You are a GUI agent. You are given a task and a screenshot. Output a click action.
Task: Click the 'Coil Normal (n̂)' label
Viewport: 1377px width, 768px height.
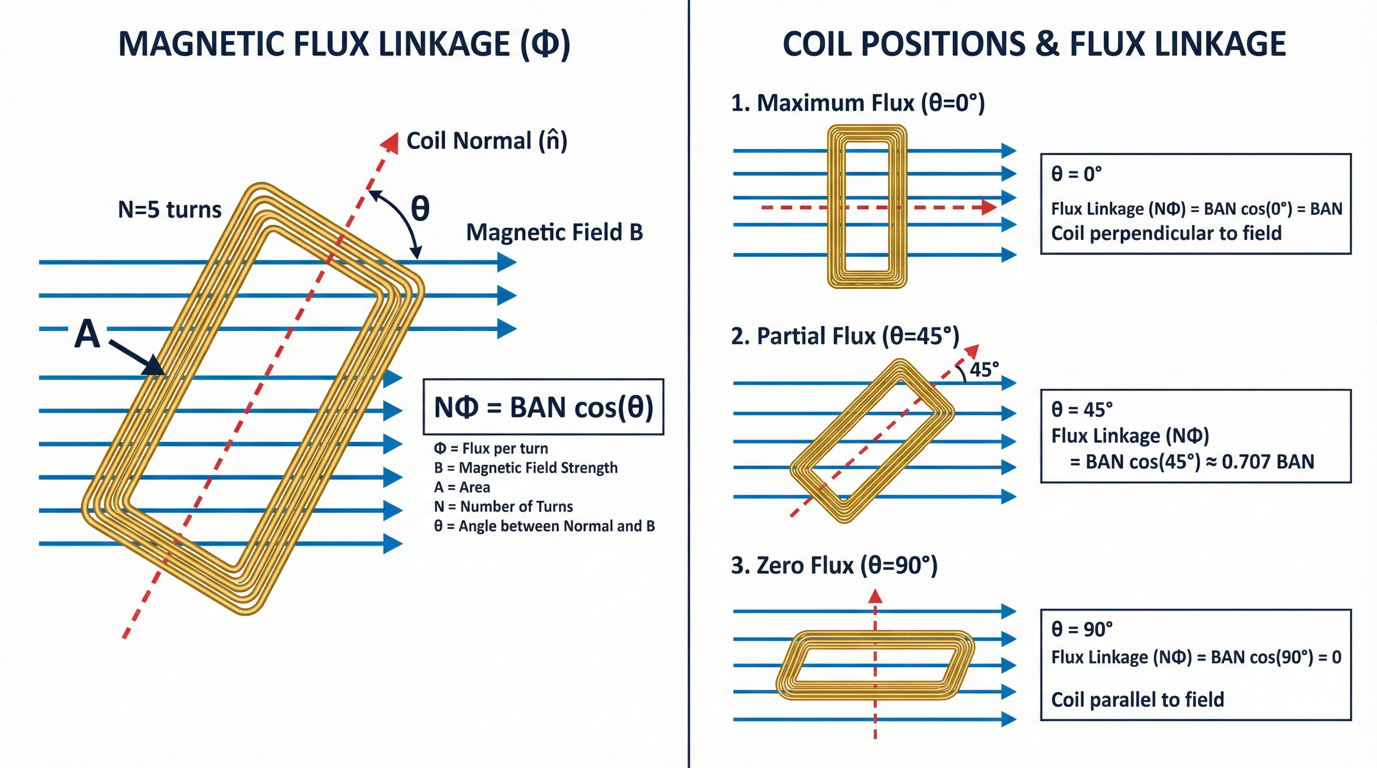tap(486, 141)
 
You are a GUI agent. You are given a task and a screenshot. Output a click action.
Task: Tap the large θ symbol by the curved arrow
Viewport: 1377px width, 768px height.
tap(420, 208)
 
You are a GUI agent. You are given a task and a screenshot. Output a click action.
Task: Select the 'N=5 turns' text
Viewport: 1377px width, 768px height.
tap(170, 209)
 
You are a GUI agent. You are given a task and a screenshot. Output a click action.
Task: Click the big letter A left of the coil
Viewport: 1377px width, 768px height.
tap(87, 334)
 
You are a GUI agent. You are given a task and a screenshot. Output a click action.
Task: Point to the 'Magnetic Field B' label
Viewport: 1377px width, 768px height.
tap(554, 232)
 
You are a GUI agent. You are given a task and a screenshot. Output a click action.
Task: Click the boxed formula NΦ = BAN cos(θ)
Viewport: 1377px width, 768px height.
tap(543, 407)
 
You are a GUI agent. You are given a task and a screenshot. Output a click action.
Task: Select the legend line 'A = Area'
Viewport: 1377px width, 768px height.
tap(462, 487)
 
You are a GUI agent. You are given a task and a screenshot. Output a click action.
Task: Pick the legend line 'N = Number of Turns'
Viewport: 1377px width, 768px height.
tap(503, 506)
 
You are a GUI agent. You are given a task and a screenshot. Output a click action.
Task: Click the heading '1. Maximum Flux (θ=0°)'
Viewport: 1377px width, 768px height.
tap(858, 102)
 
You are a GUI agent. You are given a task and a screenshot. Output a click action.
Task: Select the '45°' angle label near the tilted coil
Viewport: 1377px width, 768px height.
tap(984, 369)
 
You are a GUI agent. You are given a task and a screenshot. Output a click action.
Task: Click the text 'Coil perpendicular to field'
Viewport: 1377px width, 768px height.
tap(1166, 233)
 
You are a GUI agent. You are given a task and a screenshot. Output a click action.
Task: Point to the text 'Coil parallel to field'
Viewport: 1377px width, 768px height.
tap(1137, 699)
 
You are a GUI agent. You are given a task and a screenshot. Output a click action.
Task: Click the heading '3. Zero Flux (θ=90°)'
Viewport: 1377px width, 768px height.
tap(834, 565)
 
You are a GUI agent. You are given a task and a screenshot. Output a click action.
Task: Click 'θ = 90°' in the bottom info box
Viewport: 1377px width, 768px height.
tap(1082, 629)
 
